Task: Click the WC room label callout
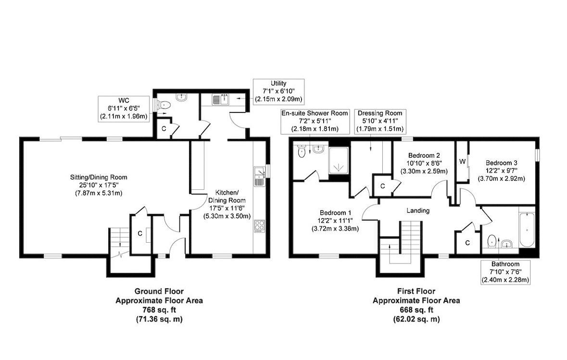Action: pyautogui.click(x=124, y=109)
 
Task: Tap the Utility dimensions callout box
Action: pyautogui.click(x=278, y=92)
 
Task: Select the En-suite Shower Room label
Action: pyautogui.click(x=315, y=121)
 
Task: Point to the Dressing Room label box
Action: pyautogui.click(x=380, y=121)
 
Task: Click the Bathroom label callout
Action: pyautogui.click(x=505, y=272)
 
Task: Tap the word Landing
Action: pyautogui.click(x=418, y=211)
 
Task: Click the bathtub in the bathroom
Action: pyautogui.click(x=527, y=230)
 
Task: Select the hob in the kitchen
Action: pyautogui.click(x=259, y=226)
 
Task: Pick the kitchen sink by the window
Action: pyautogui.click(x=260, y=177)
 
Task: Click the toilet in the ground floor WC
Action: pyautogui.click(x=164, y=105)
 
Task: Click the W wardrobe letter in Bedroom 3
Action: pyautogui.click(x=462, y=161)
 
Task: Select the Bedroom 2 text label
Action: pyautogui.click(x=424, y=155)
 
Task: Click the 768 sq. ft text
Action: pyautogui.click(x=159, y=310)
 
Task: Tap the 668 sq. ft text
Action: pyautogui.click(x=416, y=310)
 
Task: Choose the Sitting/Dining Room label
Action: pyautogui.click(x=99, y=177)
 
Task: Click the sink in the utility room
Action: pyautogui.click(x=220, y=99)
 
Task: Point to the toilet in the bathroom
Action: pyautogui.click(x=492, y=241)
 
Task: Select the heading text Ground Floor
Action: pyautogui.click(x=159, y=291)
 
